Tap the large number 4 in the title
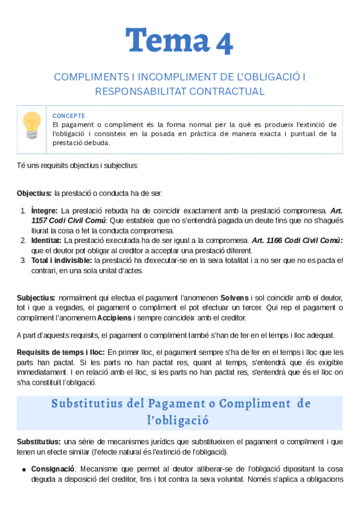223,42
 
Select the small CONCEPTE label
69,116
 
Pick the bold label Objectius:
34,193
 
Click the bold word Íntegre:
44,211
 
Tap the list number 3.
23,261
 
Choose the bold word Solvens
233,298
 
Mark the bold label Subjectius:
36,298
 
